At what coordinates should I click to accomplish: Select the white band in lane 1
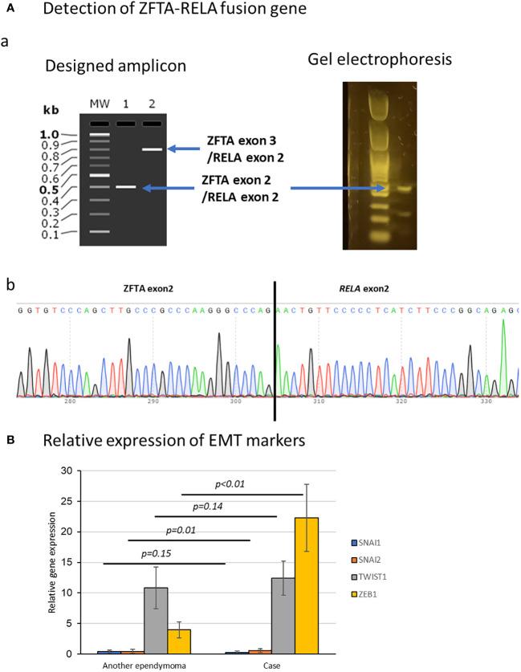[125, 186]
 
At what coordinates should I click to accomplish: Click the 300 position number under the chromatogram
[236, 405]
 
